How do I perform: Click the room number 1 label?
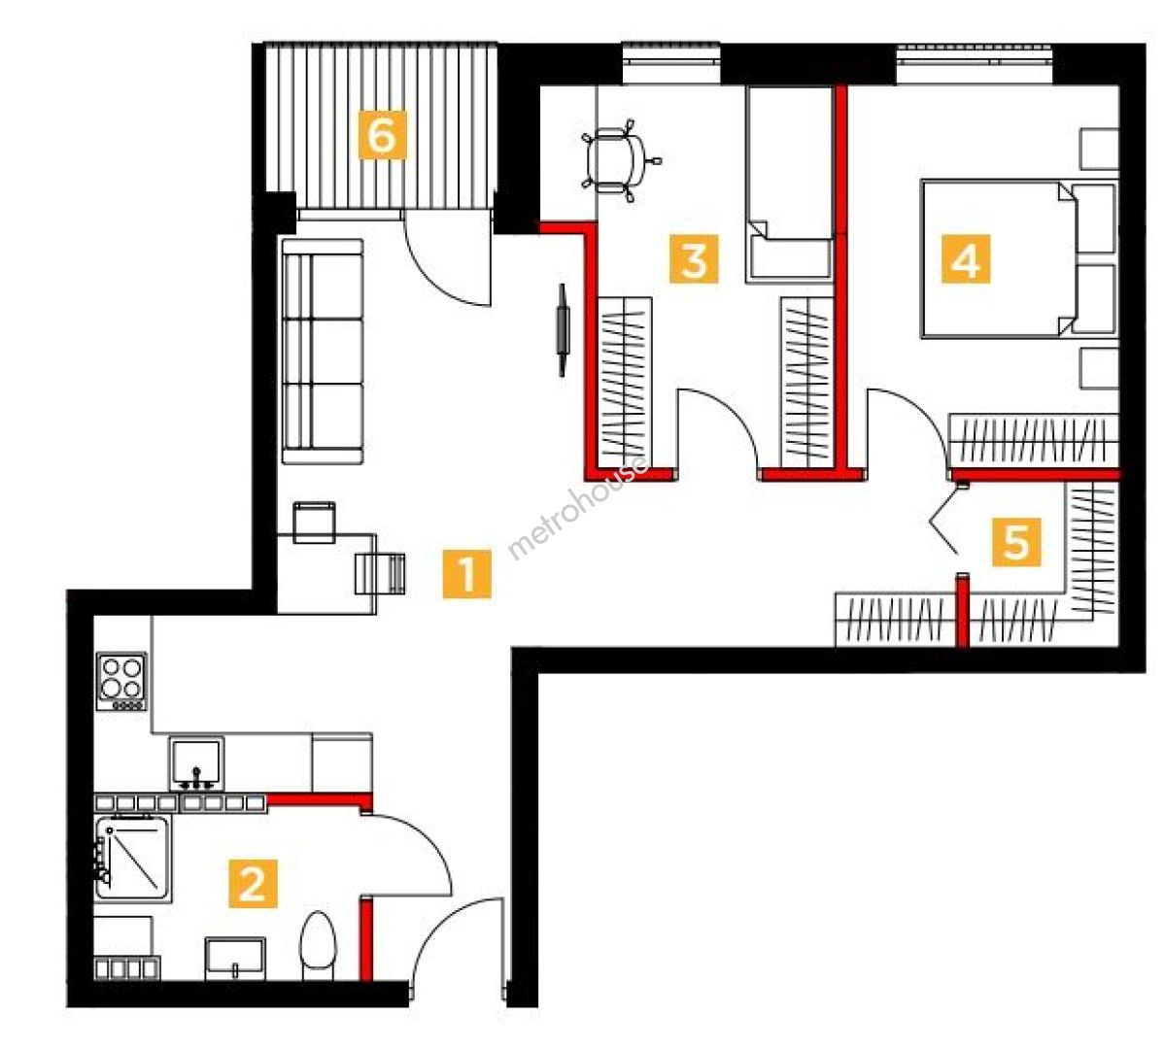click(x=467, y=573)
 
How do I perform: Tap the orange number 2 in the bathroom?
click(x=253, y=883)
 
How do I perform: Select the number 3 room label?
click(x=694, y=259)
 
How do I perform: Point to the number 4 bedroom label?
click(x=966, y=259)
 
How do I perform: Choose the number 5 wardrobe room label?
click(x=1015, y=541)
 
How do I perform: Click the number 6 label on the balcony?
click(x=383, y=134)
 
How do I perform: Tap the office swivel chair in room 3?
click(x=620, y=159)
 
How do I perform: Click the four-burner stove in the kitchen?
click(x=121, y=681)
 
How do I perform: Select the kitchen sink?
click(x=196, y=763)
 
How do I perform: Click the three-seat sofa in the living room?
click(x=323, y=352)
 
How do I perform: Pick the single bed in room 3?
click(x=788, y=185)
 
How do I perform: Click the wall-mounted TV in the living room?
click(x=562, y=330)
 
